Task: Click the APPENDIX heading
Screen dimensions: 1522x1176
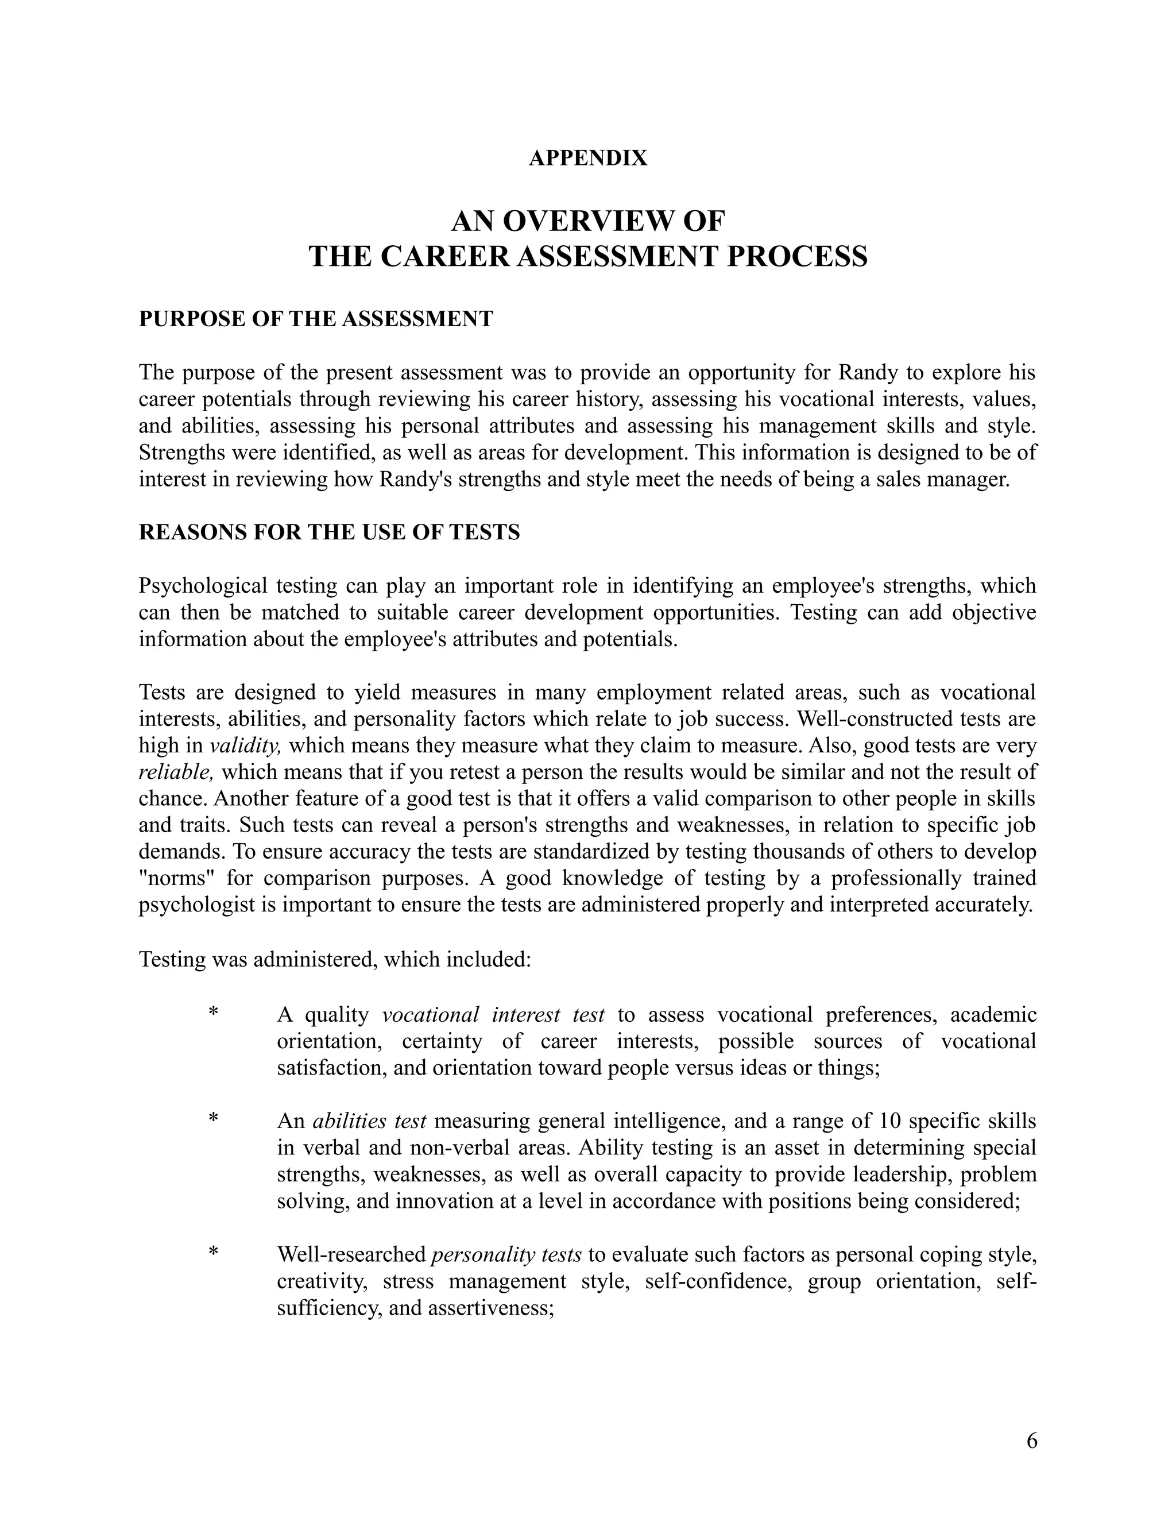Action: coord(587,158)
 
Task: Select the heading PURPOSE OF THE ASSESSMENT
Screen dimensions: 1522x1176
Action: coord(316,319)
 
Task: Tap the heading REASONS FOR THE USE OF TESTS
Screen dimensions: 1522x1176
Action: coord(329,532)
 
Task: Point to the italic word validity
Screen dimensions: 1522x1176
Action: coord(245,745)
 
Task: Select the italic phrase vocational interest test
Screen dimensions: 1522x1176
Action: coord(493,1014)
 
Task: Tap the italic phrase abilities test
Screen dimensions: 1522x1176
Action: coord(369,1121)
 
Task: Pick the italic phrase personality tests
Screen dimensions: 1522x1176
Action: coord(506,1254)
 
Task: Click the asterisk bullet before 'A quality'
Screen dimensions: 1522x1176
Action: coord(213,1013)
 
